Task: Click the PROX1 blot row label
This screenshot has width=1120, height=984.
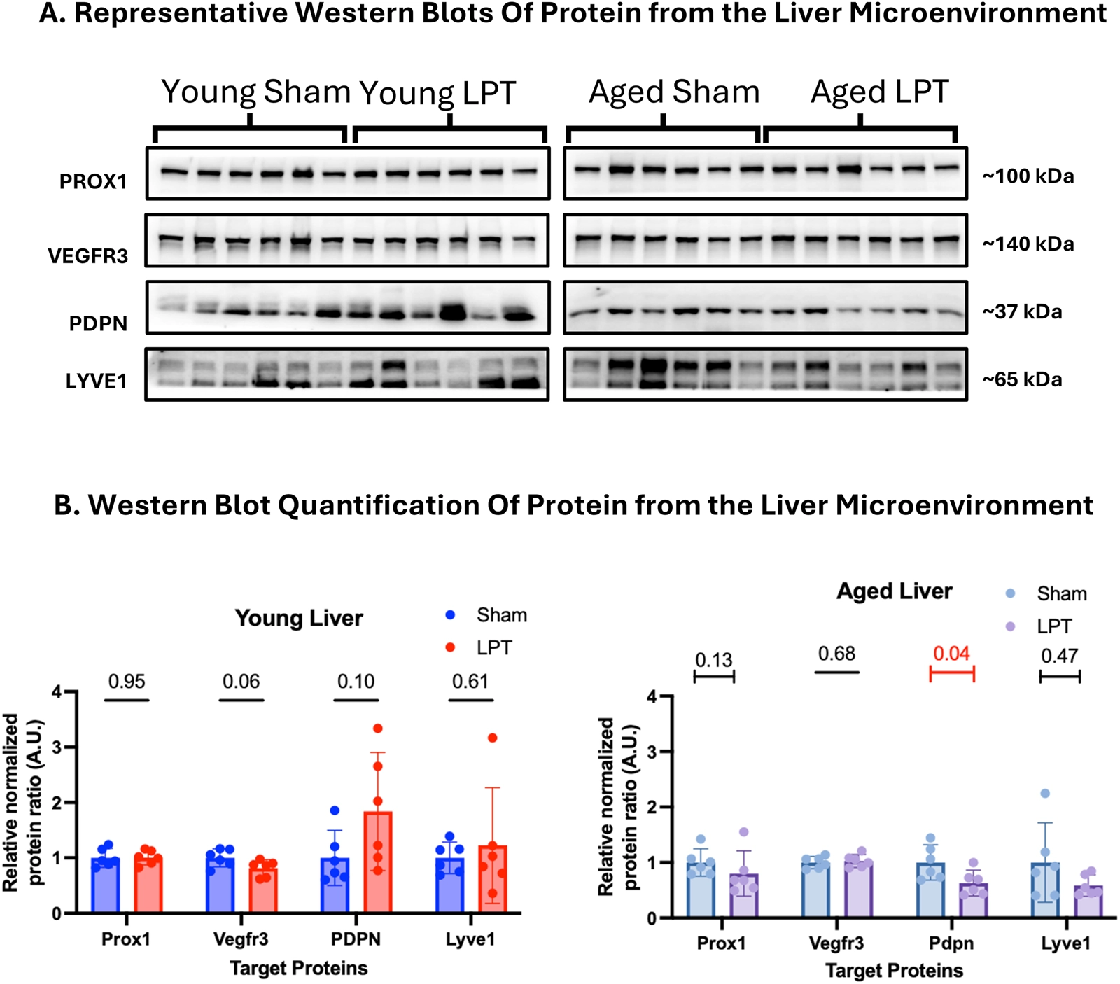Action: (93, 182)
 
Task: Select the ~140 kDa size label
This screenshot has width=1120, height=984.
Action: (1028, 244)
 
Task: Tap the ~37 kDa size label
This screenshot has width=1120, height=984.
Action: (1022, 311)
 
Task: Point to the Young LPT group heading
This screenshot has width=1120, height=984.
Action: (437, 93)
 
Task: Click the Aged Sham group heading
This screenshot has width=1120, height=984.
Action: (674, 92)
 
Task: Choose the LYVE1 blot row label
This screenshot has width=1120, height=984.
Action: (96, 381)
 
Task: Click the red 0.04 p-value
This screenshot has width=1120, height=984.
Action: (951, 654)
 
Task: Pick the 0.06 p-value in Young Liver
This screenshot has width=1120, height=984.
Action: (241, 681)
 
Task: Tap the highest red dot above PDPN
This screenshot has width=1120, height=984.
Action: (378, 729)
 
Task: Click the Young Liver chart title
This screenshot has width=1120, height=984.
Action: (299, 618)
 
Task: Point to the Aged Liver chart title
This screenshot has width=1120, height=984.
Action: (895, 591)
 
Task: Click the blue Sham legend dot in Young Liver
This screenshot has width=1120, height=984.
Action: (450, 615)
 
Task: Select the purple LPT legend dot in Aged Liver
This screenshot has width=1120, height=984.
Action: (1010, 626)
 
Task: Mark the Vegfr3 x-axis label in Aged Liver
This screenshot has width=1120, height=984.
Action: (836, 943)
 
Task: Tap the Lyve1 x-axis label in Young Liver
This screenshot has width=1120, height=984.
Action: (470, 939)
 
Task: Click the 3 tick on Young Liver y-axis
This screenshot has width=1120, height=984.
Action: (57, 747)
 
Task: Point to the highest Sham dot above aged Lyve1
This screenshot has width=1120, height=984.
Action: (1045, 794)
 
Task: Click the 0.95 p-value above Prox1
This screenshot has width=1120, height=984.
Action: (127, 681)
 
